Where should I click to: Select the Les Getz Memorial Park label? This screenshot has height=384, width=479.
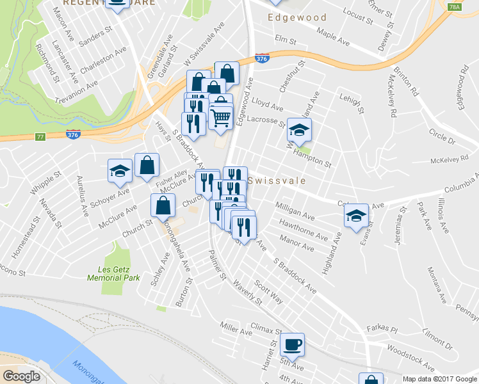coord(113,273)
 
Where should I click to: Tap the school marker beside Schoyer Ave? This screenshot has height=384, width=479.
coord(120,171)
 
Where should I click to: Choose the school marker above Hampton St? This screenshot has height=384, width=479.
coord(298,131)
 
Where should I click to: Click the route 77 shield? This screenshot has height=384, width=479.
coord(40,136)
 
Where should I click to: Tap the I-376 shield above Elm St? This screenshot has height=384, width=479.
coord(261,58)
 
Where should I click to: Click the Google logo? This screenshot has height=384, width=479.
coord(21,376)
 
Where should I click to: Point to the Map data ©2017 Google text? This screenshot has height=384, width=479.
coord(439,379)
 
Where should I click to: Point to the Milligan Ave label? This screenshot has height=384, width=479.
coord(295,211)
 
